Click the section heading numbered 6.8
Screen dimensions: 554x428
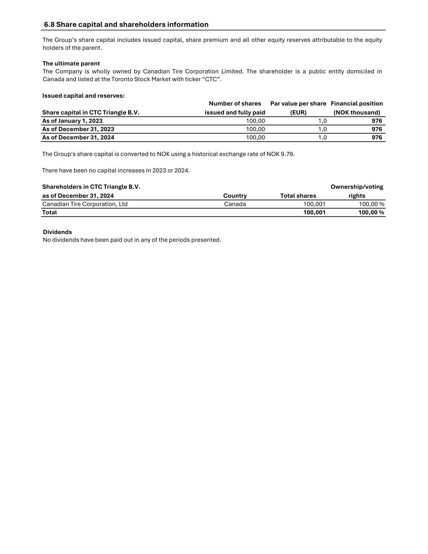(x=126, y=24)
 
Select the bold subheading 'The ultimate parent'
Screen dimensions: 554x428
(x=71, y=63)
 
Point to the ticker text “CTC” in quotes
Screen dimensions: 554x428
(x=211, y=79)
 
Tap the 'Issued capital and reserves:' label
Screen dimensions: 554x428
(x=83, y=96)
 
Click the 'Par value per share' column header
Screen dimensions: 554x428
(x=298, y=103)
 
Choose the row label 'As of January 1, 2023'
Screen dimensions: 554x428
(x=72, y=121)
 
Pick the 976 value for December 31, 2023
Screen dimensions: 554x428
(x=376, y=129)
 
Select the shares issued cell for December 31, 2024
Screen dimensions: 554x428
(x=255, y=138)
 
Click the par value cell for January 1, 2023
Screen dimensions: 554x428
(x=322, y=121)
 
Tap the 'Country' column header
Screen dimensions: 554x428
(x=235, y=196)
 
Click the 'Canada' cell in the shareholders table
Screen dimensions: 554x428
(x=235, y=204)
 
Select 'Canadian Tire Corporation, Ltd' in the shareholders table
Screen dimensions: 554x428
(x=85, y=204)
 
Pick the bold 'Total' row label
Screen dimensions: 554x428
(x=49, y=212)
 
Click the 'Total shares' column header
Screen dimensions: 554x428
(x=298, y=196)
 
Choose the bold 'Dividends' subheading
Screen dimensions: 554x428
(x=57, y=232)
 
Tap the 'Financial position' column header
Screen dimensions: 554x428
(x=357, y=103)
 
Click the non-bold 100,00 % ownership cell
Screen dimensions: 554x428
(x=371, y=204)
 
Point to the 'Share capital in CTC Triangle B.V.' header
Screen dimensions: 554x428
(x=90, y=112)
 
